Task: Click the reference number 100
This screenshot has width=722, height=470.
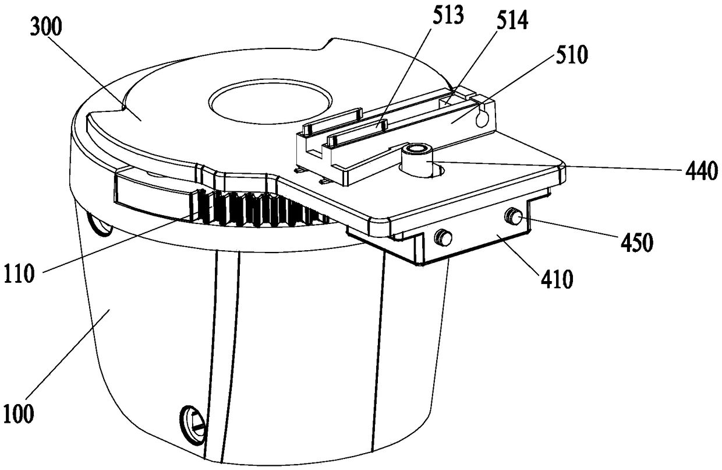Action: pyautogui.click(x=18, y=416)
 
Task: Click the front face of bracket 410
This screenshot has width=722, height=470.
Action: pyautogui.click(x=477, y=245)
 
